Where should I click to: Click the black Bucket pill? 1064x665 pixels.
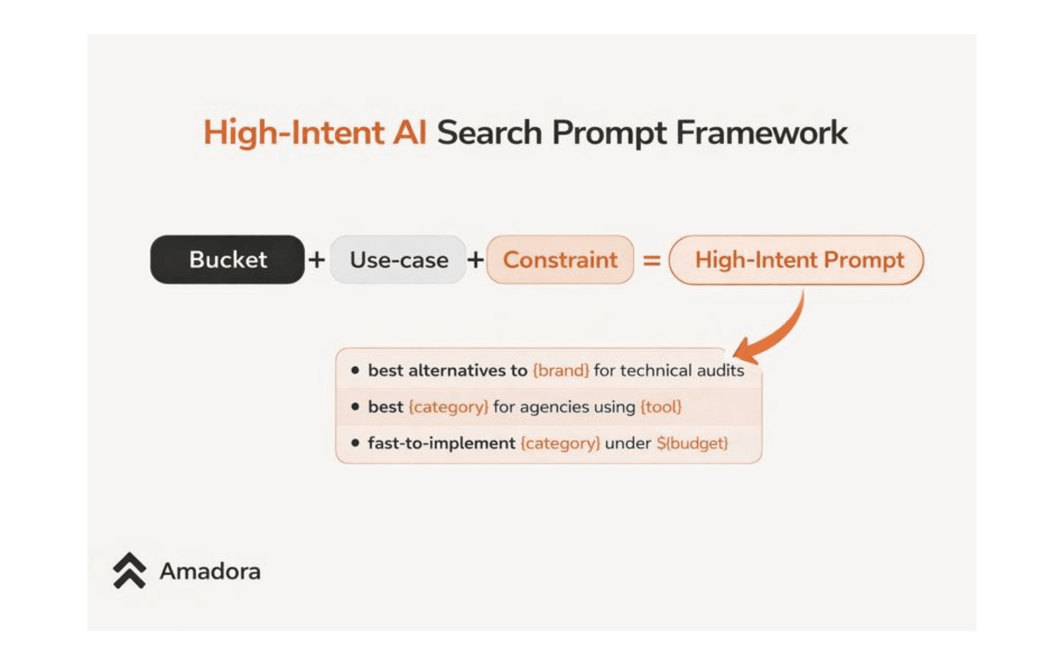(x=227, y=259)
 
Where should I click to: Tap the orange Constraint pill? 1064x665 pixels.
(x=560, y=259)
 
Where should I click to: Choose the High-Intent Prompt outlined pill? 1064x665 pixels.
(x=796, y=259)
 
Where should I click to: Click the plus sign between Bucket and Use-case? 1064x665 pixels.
(x=317, y=259)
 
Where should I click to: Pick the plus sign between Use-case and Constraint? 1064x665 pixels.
(x=475, y=259)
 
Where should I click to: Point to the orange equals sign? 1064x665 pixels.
(x=652, y=260)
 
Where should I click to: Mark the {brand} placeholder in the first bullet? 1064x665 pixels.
(x=561, y=370)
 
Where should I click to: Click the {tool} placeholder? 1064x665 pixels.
(x=661, y=407)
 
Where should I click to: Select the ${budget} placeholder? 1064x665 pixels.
(x=692, y=443)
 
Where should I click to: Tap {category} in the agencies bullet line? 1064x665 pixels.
(x=449, y=407)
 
